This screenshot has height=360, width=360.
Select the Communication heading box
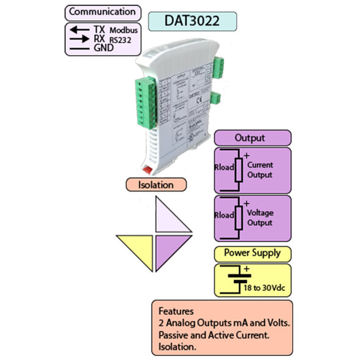[102, 12]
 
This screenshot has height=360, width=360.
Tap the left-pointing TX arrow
[78, 30]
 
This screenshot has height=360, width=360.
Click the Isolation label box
[156, 184]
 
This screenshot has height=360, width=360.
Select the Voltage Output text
[260, 218]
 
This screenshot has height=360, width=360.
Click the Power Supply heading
[252, 253]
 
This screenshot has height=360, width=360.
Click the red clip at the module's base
[148, 167]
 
